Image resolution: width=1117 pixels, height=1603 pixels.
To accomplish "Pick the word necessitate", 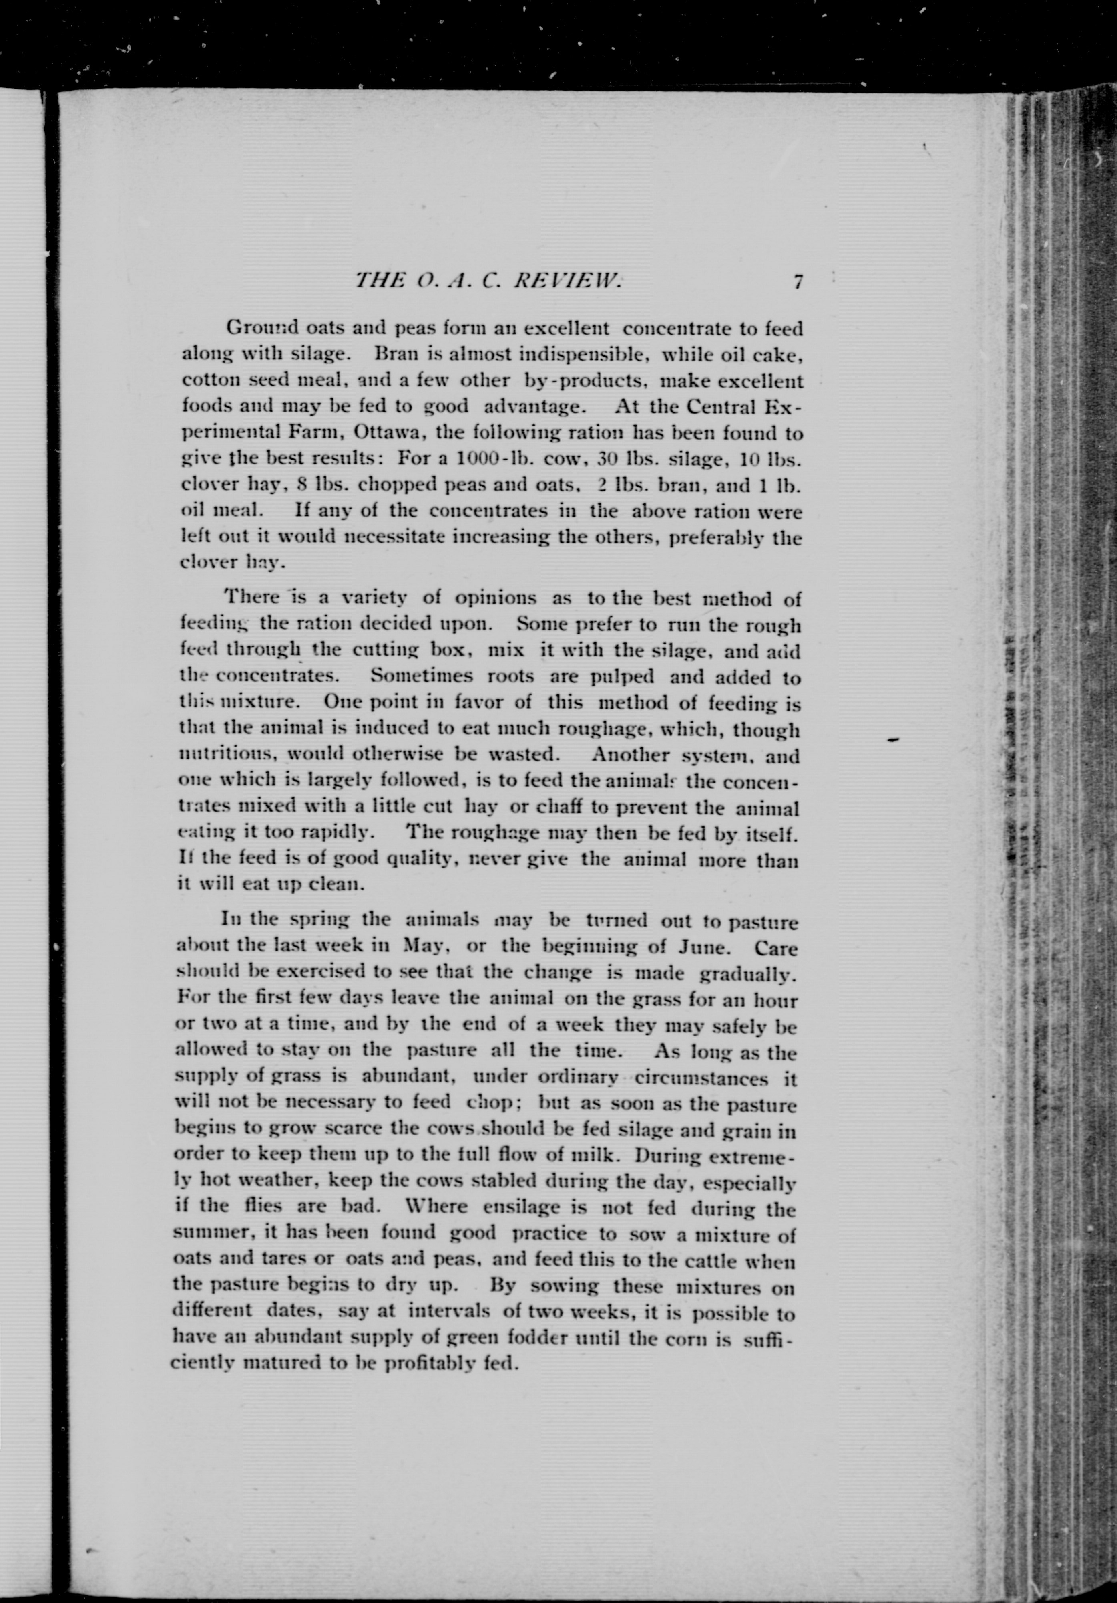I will (392, 537).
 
